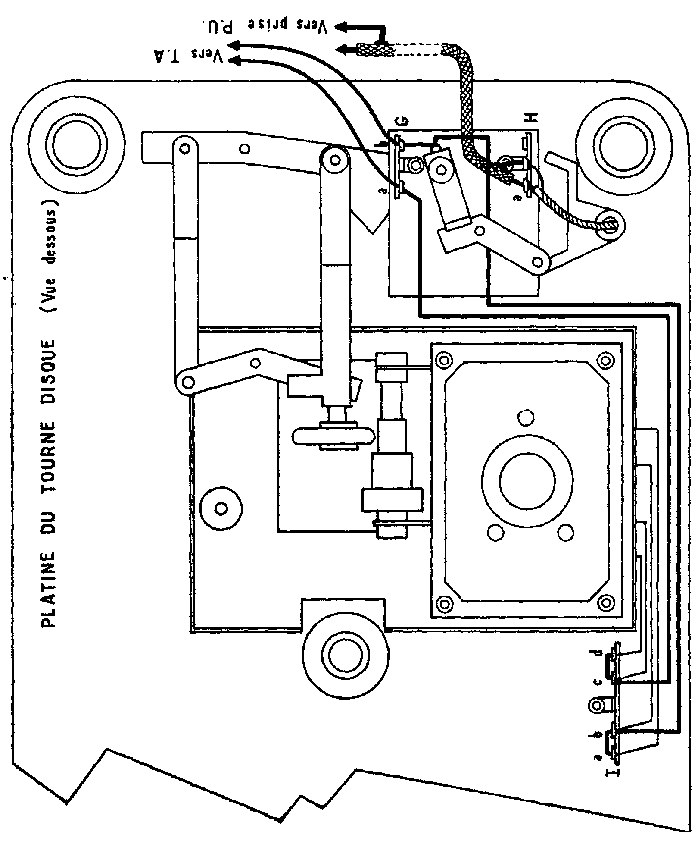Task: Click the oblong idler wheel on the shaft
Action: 332,436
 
